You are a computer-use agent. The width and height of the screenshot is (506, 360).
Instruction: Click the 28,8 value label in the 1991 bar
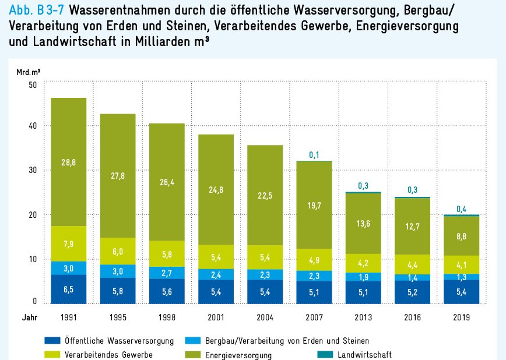(69, 163)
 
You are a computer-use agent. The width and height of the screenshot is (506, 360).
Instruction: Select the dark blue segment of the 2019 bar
(462, 292)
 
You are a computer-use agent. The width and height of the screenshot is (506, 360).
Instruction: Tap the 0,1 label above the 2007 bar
(315, 154)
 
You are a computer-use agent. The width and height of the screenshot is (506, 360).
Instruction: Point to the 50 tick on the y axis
(32, 84)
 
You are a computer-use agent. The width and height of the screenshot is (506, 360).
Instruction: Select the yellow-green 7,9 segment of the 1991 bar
(69, 243)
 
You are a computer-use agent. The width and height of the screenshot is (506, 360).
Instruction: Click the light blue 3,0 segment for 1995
(118, 271)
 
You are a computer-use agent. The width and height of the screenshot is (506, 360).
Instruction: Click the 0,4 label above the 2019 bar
(462, 209)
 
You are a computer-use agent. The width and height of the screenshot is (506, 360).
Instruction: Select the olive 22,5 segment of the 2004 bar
(266, 196)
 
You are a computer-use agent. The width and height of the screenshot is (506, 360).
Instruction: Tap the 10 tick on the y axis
(32, 259)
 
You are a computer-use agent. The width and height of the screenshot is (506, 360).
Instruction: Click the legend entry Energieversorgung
(227, 354)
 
